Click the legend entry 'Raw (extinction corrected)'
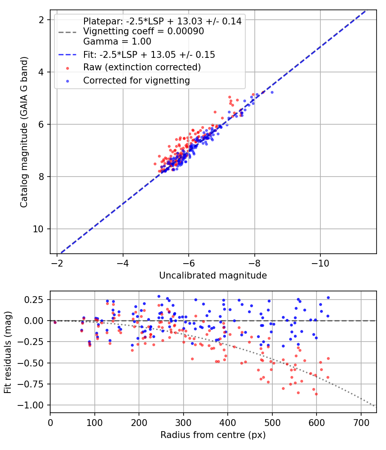pos(142,67)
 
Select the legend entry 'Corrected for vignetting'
pos(136,81)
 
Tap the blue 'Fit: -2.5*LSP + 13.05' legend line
pos(67,55)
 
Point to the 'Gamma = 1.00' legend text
pos(117,41)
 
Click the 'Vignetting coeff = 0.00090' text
pos(144,31)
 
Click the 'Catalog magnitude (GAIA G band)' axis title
pos(24,132)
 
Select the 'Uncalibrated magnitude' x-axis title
pos(213,276)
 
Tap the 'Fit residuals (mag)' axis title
pos(8,352)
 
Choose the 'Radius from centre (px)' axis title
pos(213,435)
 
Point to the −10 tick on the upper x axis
pos(320,263)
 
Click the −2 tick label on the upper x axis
pos(57,263)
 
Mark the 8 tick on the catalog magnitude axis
pos(41,177)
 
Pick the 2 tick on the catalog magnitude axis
pos(41,20)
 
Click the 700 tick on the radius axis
pos(361,423)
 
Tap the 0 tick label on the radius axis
pos(50,423)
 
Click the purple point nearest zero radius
pos(55,323)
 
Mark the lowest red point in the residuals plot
pos(316,394)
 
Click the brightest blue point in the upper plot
pos(272,92)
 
